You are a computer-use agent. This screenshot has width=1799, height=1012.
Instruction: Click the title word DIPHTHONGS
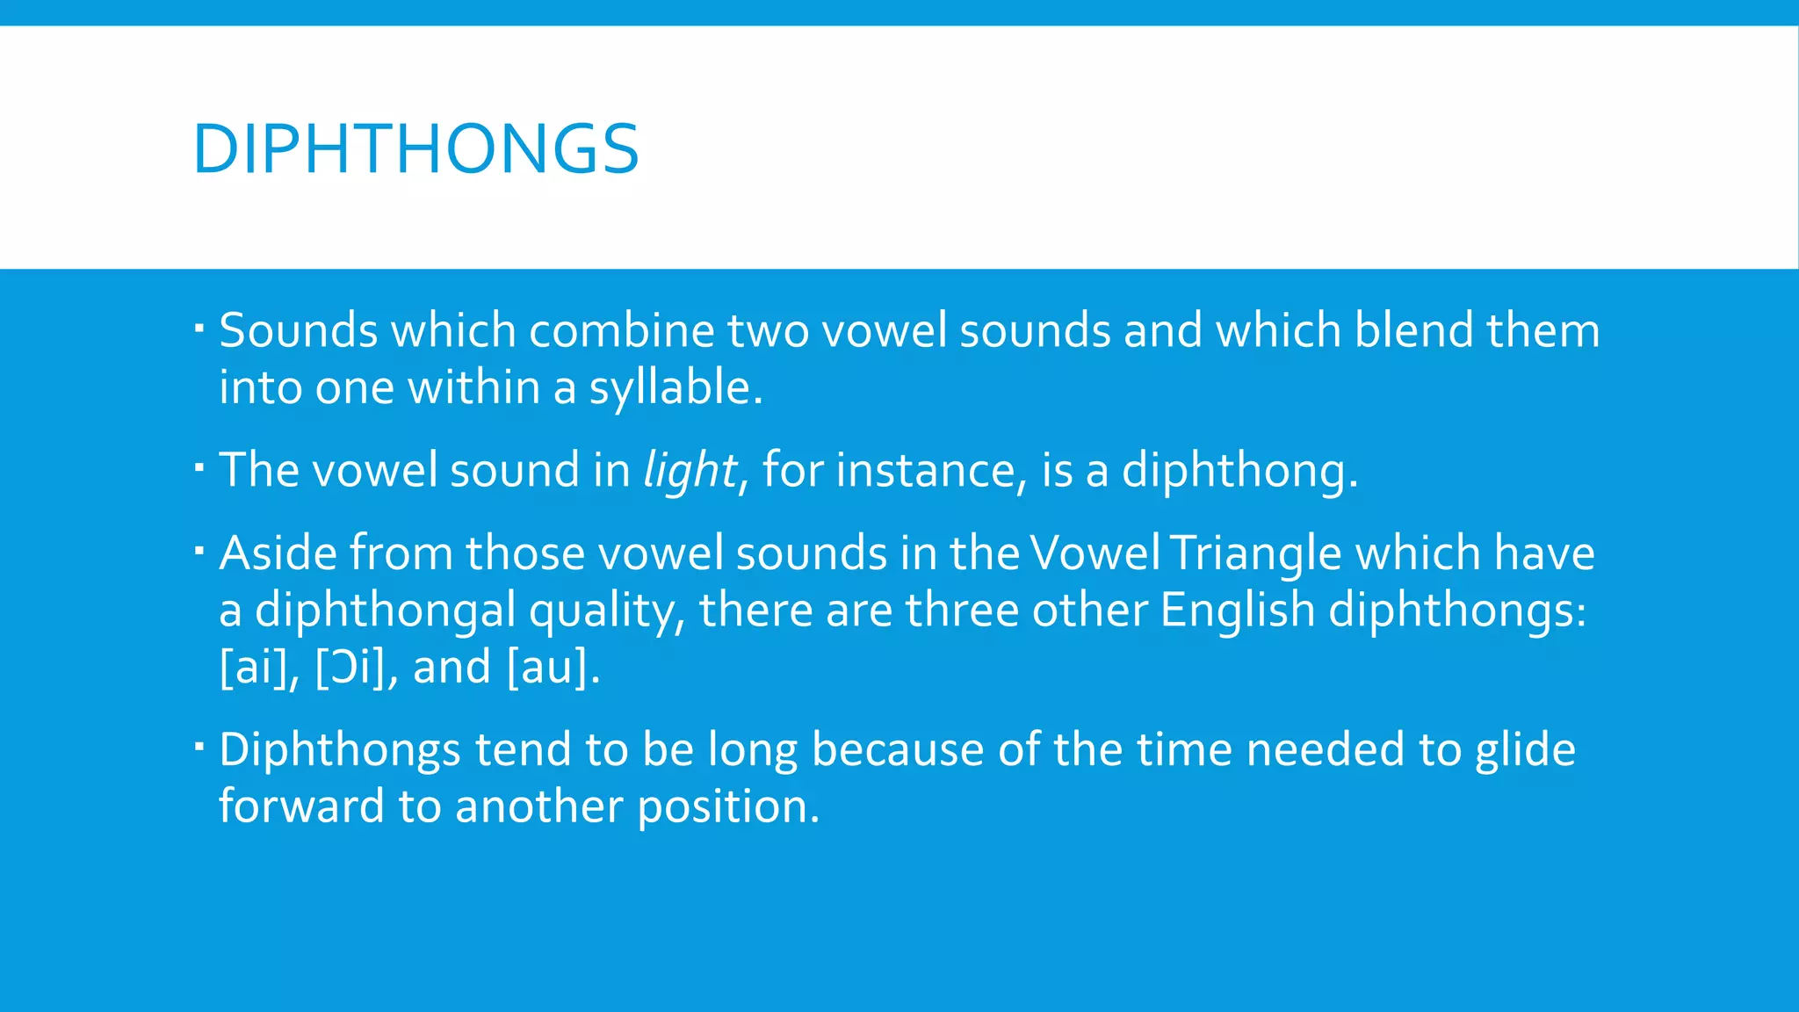(415, 149)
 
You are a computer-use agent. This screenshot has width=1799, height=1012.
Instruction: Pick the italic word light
(690, 471)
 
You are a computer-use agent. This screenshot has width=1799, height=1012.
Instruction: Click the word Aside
(278, 553)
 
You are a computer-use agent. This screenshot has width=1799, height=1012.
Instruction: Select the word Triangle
(1256, 554)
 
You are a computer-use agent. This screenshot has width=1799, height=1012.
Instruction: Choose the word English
(1237, 611)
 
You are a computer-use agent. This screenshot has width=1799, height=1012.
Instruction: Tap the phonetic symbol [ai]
(254, 668)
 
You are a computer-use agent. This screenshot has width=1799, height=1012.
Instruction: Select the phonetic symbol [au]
(547, 668)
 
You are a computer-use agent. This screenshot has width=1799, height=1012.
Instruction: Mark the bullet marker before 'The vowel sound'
(199, 466)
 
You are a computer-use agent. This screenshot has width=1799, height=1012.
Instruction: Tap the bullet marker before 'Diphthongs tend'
(199, 745)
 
